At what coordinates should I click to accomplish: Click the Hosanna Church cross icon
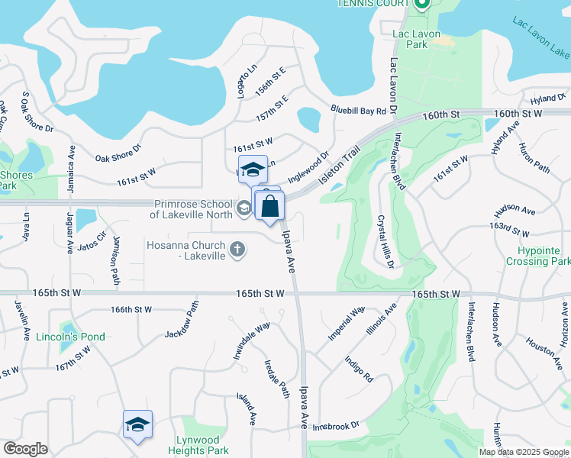click(237, 248)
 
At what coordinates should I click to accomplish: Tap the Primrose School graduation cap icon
click(244, 208)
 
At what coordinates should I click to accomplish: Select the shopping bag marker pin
click(269, 207)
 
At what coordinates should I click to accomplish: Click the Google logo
click(26, 449)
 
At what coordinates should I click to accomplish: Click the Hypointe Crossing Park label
click(537, 256)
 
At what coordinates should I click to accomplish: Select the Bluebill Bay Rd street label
click(358, 111)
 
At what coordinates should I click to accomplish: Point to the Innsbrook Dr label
click(335, 425)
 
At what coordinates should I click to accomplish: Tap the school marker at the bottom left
click(138, 425)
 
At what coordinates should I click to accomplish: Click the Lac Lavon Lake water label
click(542, 38)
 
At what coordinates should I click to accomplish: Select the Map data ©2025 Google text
click(524, 452)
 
